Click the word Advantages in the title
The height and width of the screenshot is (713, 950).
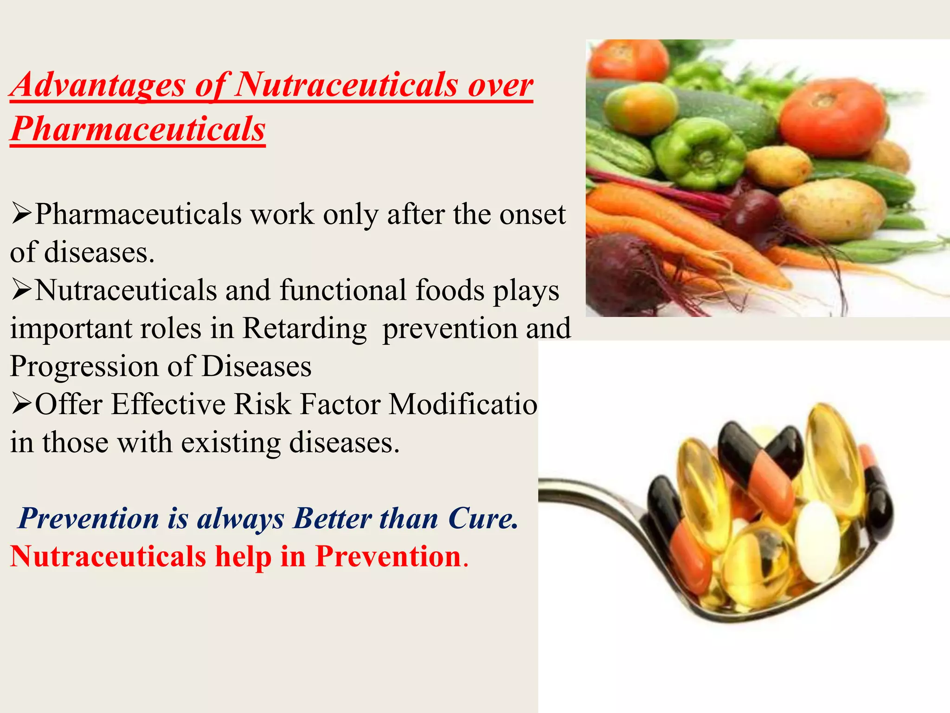point(98,85)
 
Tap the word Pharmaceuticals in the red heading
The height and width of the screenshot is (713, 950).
point(138,129)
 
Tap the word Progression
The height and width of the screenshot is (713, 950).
point(84,367)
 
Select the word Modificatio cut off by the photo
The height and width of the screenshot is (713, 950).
point(463,404)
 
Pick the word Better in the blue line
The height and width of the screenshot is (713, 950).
point(332,518)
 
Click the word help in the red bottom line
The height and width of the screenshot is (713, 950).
point(243,556)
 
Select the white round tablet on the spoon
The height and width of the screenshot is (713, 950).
point(818,541)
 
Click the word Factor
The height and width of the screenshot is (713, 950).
point(340,404)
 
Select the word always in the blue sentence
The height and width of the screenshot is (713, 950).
point(240,519)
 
